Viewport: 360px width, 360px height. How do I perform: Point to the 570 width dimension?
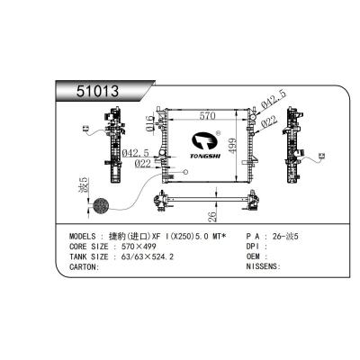206,116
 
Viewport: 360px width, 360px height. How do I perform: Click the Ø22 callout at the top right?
268,123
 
